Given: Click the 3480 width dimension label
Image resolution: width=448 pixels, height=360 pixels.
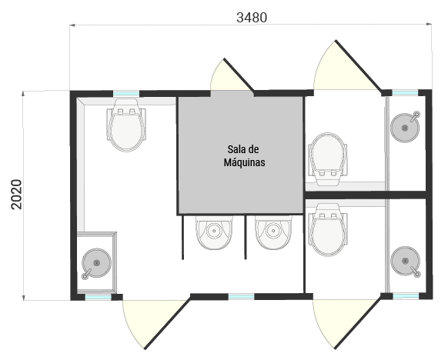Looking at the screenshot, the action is (252, 18).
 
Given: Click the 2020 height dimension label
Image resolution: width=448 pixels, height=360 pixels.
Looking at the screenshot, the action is (16, 195).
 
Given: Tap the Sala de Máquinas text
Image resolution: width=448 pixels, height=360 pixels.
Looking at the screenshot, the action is (244, 156).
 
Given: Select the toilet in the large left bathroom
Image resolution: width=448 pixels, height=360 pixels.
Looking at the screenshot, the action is (126, 125).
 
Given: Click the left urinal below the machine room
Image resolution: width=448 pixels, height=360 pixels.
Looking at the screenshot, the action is (214, 232).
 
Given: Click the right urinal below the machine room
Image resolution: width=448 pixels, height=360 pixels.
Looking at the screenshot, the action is (273, 232).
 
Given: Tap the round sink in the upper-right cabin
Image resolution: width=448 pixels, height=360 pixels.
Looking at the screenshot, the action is (406, 127).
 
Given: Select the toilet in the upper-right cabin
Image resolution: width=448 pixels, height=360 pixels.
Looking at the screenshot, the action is (328, 159).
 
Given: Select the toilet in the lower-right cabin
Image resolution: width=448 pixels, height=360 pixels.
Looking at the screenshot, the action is (328, 229).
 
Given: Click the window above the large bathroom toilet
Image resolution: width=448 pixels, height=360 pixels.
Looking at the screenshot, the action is (126, 94).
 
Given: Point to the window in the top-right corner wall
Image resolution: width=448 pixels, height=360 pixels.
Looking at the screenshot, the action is (405, 93).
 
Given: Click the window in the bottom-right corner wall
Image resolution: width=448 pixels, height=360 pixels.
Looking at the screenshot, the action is (406, 296).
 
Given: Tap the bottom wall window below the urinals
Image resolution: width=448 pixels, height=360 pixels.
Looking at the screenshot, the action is (241, 297).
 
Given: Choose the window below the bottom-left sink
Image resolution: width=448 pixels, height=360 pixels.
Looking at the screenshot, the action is (98, 297).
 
